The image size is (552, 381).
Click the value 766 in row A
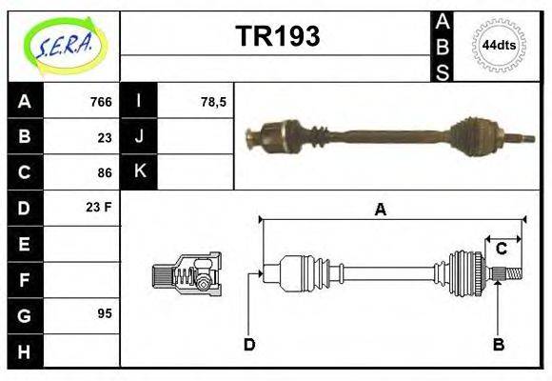101,102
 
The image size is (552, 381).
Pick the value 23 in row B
105,137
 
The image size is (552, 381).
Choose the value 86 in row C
105,172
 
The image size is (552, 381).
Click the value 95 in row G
105,313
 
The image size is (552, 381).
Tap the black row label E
26,244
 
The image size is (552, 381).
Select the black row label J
140,137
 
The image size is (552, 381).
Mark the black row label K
140,172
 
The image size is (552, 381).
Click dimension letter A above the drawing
380,210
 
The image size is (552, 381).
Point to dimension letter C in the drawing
501,250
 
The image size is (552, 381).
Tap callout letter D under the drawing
249,344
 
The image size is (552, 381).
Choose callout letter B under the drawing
498,344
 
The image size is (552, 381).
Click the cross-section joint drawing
187,275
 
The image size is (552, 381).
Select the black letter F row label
26,279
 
